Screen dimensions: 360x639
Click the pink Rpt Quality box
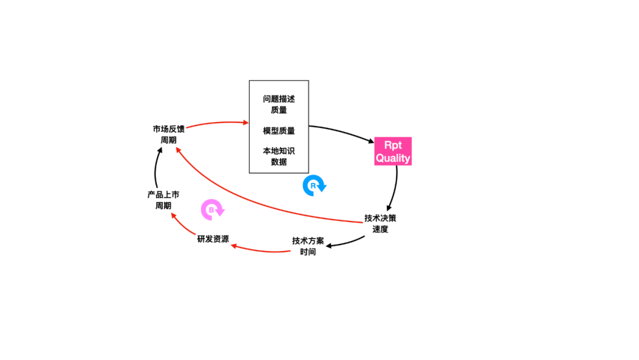coord(393,151)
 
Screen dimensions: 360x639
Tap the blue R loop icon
coord(313,185)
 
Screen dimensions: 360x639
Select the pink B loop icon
coord(211,209)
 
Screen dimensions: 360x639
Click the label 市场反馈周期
coord(169,134)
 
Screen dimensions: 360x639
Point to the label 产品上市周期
coord(163,200)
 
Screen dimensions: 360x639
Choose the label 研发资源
coord(213,239)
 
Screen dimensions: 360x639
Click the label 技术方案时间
coord(308,246)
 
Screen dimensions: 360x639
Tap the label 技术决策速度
coord(380,223)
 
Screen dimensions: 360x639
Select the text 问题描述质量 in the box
coord(279,104)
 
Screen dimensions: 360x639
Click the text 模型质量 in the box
coord(279,131)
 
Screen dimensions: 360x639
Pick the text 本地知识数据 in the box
coord(279,156)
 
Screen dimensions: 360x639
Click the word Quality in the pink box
coord(393,158)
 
